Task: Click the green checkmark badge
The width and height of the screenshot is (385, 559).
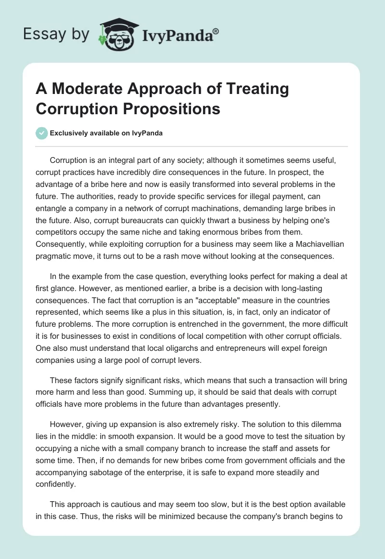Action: click(x=42, y=133)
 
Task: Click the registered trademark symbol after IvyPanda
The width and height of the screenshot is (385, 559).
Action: click(x=216, y=30)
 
